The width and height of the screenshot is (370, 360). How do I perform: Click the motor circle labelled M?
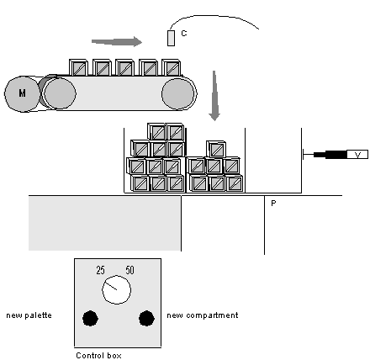(23, 93)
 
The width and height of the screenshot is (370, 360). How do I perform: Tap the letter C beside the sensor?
(184, 34)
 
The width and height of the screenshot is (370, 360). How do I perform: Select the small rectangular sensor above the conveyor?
(172, 38)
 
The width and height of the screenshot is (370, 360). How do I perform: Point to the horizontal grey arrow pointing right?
(117, 42)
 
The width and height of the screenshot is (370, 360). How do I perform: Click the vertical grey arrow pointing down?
(214, 96)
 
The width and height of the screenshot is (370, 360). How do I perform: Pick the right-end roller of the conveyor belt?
(178, 93)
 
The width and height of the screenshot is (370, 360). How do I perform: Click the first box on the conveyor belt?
(78, 67)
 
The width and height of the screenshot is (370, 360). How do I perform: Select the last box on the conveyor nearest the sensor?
(172, 67)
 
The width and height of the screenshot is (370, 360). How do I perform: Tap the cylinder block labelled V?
(357, 155)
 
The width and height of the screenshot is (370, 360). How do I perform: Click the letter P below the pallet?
(273, 203)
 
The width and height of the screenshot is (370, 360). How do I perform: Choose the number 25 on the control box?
(100, 270)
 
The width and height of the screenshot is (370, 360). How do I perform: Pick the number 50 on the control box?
(129, 270)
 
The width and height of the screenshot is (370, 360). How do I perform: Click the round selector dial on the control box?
(117, 290)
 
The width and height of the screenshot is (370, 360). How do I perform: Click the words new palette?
(29, 315)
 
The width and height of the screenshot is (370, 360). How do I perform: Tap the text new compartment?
(203, 315)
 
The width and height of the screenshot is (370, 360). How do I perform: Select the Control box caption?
(98, 356)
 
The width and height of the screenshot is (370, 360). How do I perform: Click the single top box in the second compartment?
(216, 149)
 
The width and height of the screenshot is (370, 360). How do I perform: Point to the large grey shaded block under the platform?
(105, 223)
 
